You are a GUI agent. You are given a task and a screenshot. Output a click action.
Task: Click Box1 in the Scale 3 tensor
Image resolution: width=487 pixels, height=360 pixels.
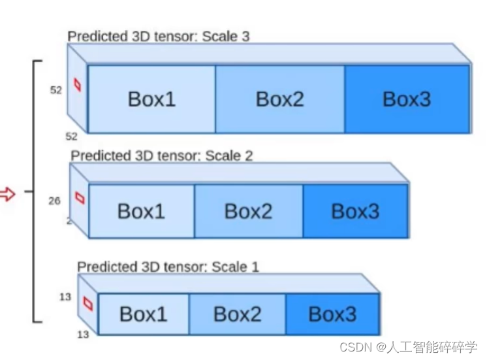pos(151,99)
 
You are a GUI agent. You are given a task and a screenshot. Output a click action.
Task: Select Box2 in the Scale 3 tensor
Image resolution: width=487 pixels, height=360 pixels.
pos(280,99)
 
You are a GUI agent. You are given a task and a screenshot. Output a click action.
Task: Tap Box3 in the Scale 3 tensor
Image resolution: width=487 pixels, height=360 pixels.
pos(407,99)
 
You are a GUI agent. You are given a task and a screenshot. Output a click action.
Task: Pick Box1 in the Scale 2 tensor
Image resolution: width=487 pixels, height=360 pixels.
pos(141,211)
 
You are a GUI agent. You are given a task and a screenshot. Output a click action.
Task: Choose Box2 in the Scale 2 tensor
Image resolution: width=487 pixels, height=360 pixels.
pos(248,211)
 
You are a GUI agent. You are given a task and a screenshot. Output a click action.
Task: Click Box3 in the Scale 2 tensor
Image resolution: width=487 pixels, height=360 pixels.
pos(355,211)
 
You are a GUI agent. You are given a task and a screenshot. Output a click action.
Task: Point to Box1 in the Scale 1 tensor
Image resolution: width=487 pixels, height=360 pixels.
pos(144,314)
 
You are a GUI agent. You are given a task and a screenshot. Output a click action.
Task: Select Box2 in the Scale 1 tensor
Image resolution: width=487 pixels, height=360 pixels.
pos(238,314)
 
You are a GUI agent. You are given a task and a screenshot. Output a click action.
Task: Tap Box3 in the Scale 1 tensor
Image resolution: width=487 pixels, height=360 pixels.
pos(332,314)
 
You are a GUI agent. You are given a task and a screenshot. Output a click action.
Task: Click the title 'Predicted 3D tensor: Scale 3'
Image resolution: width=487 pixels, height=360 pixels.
pos(159,36)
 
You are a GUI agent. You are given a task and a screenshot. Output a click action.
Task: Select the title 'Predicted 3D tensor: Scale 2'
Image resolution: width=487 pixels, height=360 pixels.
pos(162,155)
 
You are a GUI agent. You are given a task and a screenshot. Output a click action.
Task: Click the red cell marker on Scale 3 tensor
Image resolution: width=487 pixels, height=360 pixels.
pos(78,85)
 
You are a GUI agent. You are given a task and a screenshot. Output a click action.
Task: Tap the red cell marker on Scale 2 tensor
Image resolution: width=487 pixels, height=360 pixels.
pos(80,197)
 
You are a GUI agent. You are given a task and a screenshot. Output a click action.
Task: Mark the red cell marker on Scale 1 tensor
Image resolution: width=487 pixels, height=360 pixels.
pos(88,304)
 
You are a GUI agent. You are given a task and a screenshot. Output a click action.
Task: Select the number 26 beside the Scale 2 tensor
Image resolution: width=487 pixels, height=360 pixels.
pos(55,201)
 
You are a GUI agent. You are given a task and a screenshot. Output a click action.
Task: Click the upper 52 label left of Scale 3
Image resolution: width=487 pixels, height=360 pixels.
pos(56,90)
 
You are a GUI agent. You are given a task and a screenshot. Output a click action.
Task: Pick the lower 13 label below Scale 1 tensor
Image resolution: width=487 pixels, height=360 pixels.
pos(83,335)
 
